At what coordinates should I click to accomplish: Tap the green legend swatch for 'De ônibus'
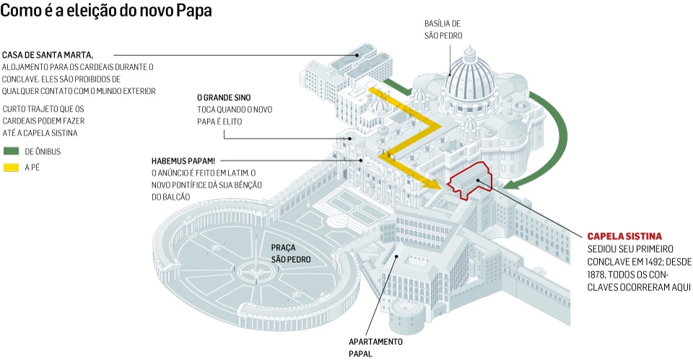[12, 152]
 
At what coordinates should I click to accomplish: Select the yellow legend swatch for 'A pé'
[12, 168]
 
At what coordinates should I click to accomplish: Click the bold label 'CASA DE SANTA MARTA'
[48, 55]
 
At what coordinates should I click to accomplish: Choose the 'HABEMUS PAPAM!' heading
[183, 160]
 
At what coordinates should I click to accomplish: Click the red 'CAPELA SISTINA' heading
[624, 237]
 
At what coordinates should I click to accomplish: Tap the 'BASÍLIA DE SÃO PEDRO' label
[443, 29]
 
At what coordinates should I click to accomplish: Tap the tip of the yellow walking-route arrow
[436, 186]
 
